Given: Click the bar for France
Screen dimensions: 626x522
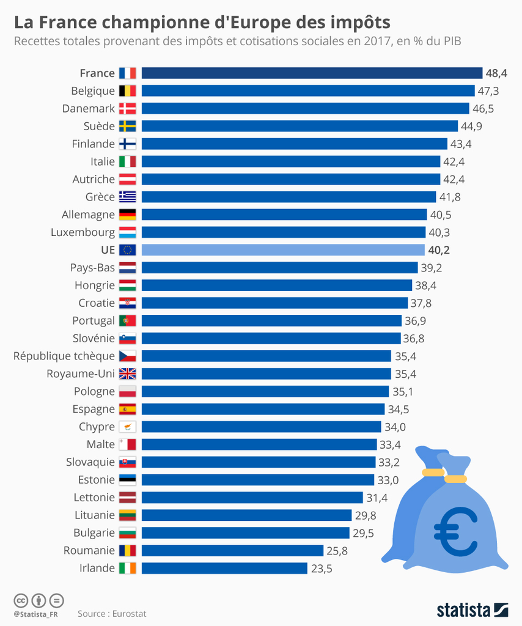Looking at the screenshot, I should pos(312,73).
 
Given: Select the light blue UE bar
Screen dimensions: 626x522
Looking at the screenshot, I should pos(283,250).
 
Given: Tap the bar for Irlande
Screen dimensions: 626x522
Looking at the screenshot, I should pos(224,569).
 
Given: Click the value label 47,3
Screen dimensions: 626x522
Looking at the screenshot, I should pos(488,91).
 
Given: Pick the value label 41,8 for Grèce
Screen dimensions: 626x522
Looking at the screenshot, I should pos(449,197).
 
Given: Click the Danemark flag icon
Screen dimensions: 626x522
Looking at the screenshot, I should pos(127,109).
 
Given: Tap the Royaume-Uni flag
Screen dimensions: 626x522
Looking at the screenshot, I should pos(127,374).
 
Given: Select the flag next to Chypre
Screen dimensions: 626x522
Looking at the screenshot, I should pos(127,427).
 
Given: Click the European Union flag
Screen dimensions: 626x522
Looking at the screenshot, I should pos(127,250).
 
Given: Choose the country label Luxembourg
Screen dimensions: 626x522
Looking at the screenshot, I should pos(83,232).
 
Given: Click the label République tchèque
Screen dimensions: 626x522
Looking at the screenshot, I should pos(64,356).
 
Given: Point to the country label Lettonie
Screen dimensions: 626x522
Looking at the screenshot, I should pos(94,498).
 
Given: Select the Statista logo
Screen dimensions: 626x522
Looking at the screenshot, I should pos(472,609).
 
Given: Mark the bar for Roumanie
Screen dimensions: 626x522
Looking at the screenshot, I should pos(232,551).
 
